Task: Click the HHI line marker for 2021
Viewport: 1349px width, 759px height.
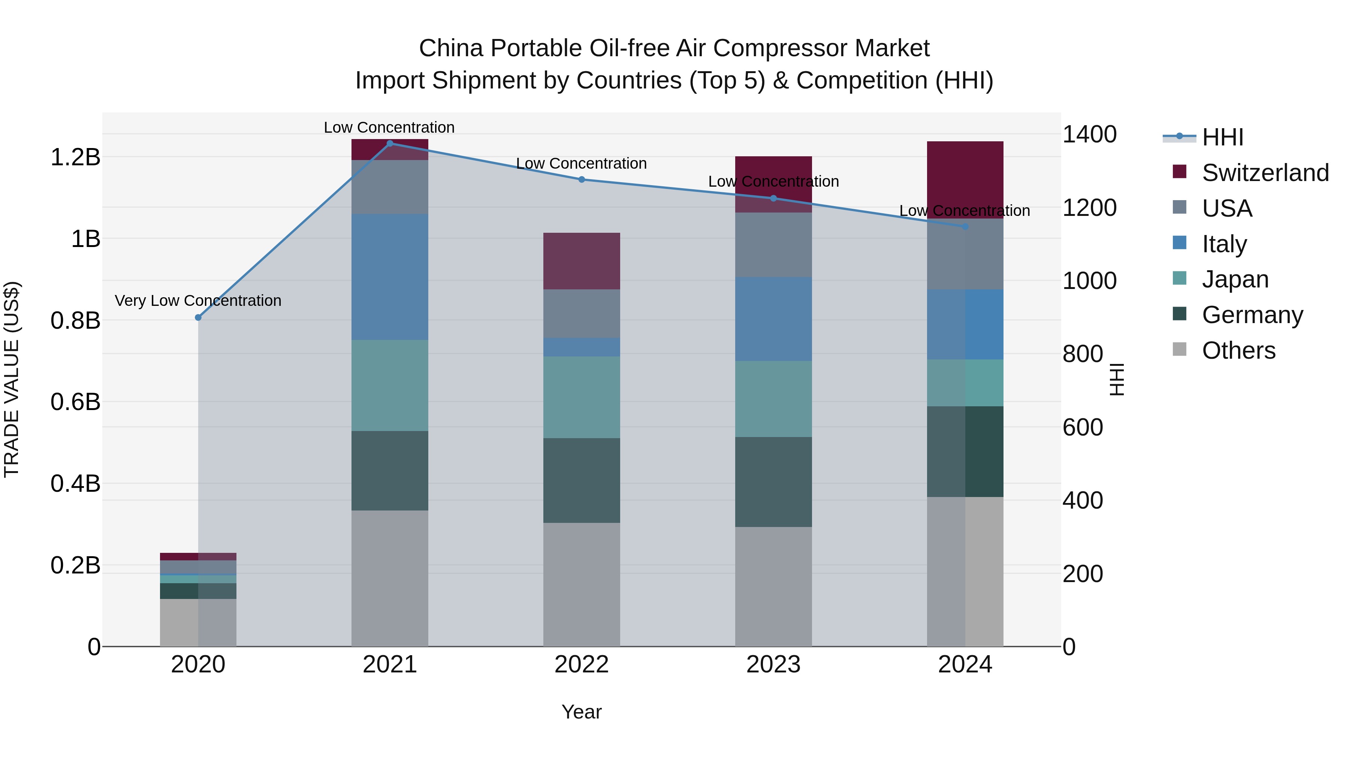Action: (x=390, y=143)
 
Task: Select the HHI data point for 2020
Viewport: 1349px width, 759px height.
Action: (x=198, y=317)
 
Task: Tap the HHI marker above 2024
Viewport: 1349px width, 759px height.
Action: (x=966, y=227)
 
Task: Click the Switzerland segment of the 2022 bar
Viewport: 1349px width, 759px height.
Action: (x=581, y=261)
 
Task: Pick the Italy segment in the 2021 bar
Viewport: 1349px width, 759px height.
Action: (x=390, y=277)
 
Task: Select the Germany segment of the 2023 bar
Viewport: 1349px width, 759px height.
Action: (x=773, y=482)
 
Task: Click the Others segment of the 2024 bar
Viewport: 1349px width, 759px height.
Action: (x=965, y=571)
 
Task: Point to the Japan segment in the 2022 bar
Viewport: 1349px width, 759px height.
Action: (x=581, y=397)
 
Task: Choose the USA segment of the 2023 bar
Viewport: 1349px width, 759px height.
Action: (x=773, y=245)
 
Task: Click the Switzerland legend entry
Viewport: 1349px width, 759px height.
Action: (x=1265, y=173)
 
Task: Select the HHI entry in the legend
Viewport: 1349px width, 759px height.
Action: (x=1222, y=137)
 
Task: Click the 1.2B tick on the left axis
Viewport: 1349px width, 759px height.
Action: (x=75, y=157)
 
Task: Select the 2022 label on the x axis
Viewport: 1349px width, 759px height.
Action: (x=581, y=665)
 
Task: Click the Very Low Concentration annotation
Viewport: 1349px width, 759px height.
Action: (x=198, y=301)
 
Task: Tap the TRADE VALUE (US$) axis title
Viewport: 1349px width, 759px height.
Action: (x=12, y=379)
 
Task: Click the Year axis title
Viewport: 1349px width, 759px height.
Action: (x=581, y=712)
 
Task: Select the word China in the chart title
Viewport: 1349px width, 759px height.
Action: (x=450, y=48)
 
